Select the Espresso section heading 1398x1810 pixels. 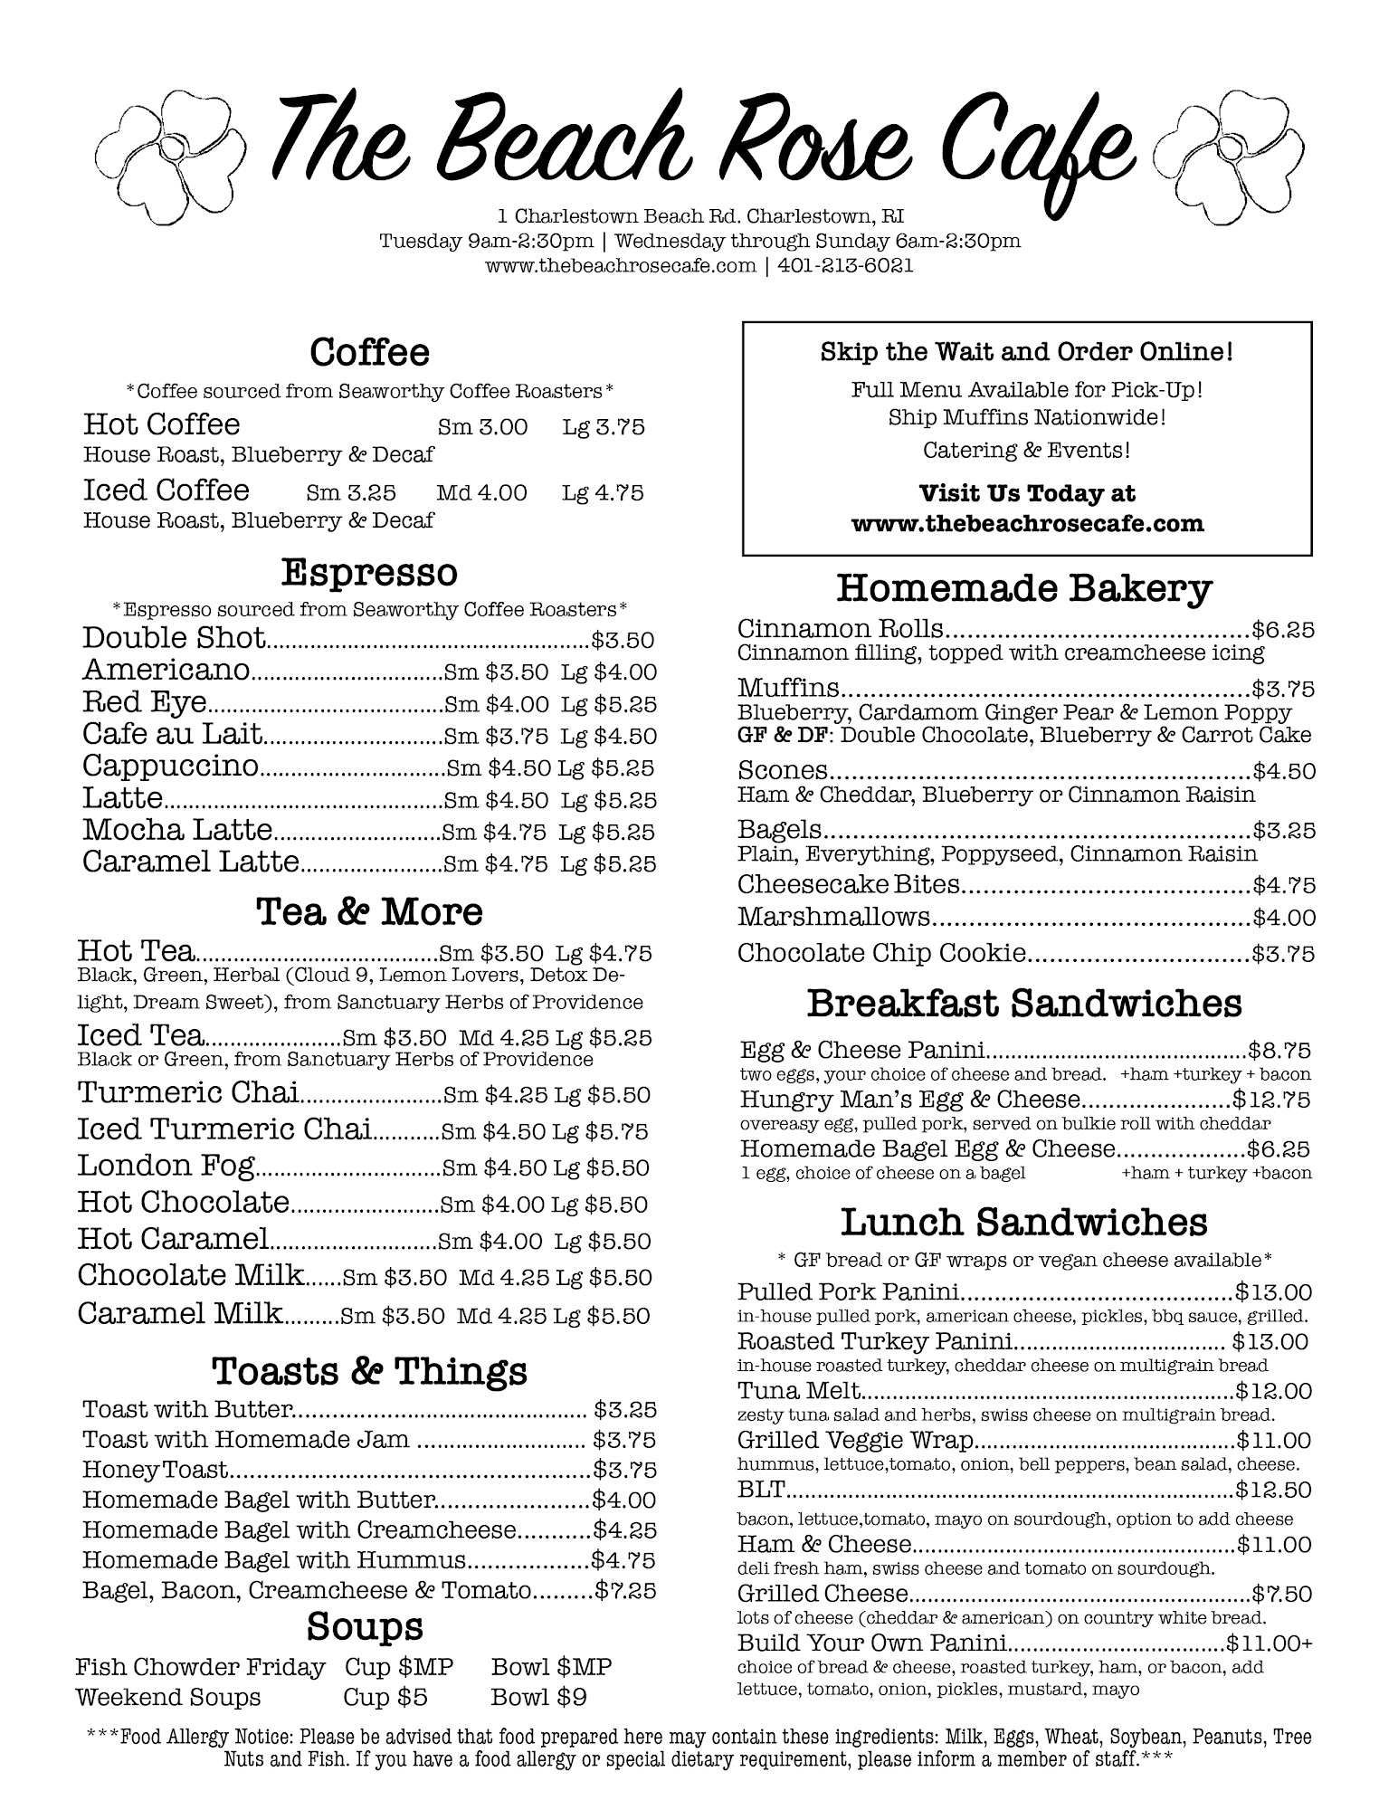(x=369, y=572)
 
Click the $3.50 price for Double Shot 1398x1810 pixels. (x=623, y=641)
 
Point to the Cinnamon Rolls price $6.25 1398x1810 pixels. (x=1283, y=630)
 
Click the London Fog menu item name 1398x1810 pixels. (x=166, y=1166)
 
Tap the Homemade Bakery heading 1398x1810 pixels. (x=1023, y=588)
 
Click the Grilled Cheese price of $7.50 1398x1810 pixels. (x=1282, y=1593)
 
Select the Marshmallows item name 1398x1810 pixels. (x=833, y=917)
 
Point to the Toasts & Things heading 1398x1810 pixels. (x=369, y=1371)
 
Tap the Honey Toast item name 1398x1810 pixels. (x=155, y=1470)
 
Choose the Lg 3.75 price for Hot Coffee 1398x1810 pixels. (x=604, y=427)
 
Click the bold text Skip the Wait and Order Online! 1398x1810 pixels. (x=1026, y=352)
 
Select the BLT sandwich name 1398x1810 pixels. (x=761, y=1489)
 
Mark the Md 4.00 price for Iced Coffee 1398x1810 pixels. (x=481, y=493)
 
